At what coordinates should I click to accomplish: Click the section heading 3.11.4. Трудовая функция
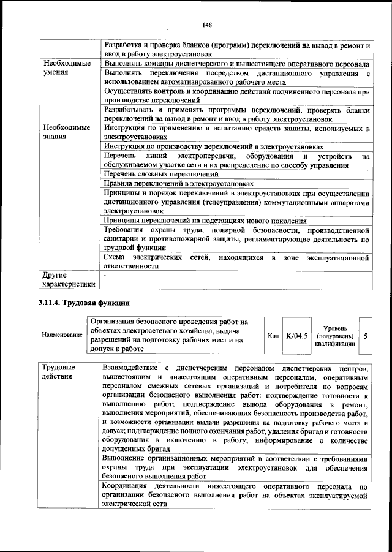83,303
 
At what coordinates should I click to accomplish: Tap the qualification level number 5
366,336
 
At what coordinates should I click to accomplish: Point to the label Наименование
62,336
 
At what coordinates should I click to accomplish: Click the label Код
274,336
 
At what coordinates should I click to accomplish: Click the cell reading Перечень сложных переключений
162,175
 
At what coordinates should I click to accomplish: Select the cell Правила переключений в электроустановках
178,184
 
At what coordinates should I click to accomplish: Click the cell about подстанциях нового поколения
205,221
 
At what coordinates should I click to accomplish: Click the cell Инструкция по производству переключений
213,147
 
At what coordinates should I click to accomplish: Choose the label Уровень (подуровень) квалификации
334,336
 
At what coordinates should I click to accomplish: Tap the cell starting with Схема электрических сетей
236,262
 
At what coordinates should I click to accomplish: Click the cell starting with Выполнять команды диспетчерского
236,64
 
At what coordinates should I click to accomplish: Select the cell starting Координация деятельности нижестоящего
236,494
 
